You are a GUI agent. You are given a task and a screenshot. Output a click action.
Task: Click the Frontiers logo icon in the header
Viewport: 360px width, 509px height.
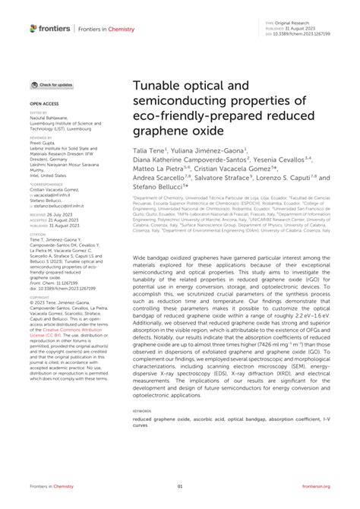coord(33,29)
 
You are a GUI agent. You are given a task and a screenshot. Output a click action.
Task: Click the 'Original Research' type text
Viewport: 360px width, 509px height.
coord(292,24)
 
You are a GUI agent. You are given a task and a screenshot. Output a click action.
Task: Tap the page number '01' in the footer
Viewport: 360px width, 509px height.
coord(180,487)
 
